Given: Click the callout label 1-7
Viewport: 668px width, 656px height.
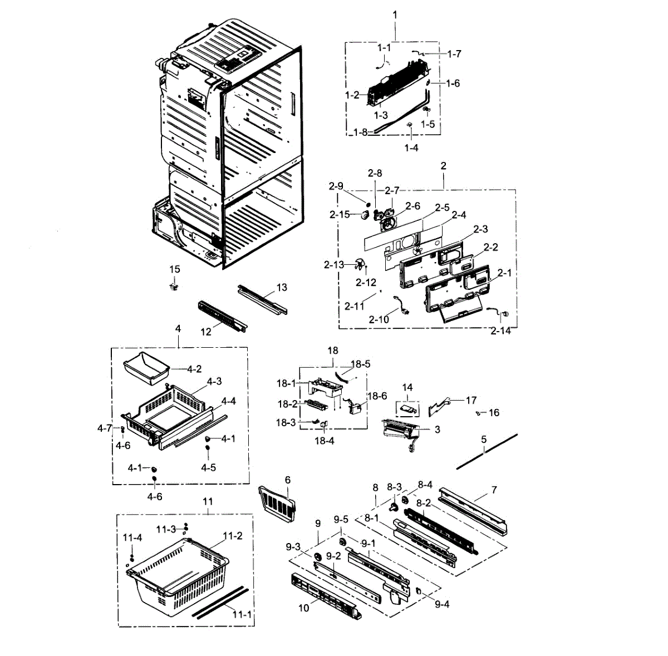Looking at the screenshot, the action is pyautogui.click(x=454, y=54).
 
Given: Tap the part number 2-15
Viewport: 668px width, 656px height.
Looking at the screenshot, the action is pyautogui.click(x=340, y=215).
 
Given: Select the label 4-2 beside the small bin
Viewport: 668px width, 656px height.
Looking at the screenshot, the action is pyautogui.click(x=194, y=369).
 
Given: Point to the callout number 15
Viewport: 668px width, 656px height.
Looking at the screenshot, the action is pyautogui.click(x=175, y=269).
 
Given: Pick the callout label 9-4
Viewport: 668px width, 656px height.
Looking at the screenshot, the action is pyautogui.click(x=442, y=604).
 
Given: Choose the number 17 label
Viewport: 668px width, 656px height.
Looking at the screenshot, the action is pyautogui.click(x=471, y=400).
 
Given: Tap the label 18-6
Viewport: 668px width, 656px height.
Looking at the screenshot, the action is pyautogui.click(x=377, y=396).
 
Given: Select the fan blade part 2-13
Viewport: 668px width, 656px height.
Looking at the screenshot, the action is pyautogui.click(x=360, y=266).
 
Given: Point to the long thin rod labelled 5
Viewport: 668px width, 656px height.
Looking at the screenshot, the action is pyautogui.click(x=487, y=452).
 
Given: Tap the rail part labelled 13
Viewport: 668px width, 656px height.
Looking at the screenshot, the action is pyautogui.click(x=263, y=299).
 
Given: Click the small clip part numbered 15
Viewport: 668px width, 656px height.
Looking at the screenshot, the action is pyautogui.click(x=174, y=287).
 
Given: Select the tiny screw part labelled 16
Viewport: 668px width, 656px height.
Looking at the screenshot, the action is pyautogui.click(x=478, y=413).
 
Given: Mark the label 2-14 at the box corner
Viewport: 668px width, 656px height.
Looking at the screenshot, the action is pyautogui.click(x=500, y=331).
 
